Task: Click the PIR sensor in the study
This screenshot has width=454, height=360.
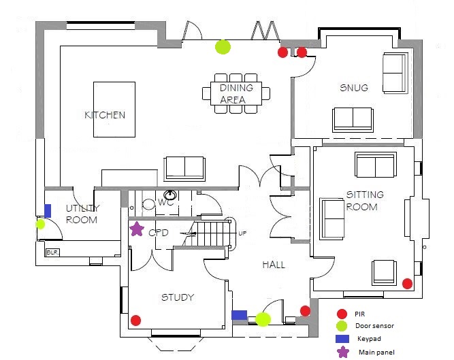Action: pyautogui.click(x=136, y=320)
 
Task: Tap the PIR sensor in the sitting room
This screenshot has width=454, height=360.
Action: pyautogui.click(x=408, y=284)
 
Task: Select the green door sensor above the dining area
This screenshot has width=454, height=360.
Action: pyautogui.click(x=223, y=47)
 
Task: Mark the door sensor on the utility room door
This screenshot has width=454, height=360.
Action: pyautogui.click(x=41, y=223)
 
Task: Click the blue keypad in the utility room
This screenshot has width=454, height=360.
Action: pyautogui.click(x=48, y=210)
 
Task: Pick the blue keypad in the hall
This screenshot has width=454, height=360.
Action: pyautogui.click(x=239, y=315)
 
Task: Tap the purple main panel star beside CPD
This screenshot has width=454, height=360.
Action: pyautogui.click(x=137, y=229)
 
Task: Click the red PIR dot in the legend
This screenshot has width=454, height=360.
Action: pyautogui.click(x=342, y=314)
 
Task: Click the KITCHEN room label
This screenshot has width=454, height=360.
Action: pyautogui.click(x=105, y=115)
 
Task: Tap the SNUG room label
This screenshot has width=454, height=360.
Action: pyautogui.click(x=354, y=88)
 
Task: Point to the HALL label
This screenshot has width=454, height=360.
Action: pyautogui.click(x=274, y=265)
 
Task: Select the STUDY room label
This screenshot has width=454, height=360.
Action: pyautogui.click(x=177, y=297)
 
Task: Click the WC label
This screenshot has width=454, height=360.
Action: pyautogui.click(x=166, y=203)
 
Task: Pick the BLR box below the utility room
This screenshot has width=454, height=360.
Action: pyautogui.click(x=52, y=252)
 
